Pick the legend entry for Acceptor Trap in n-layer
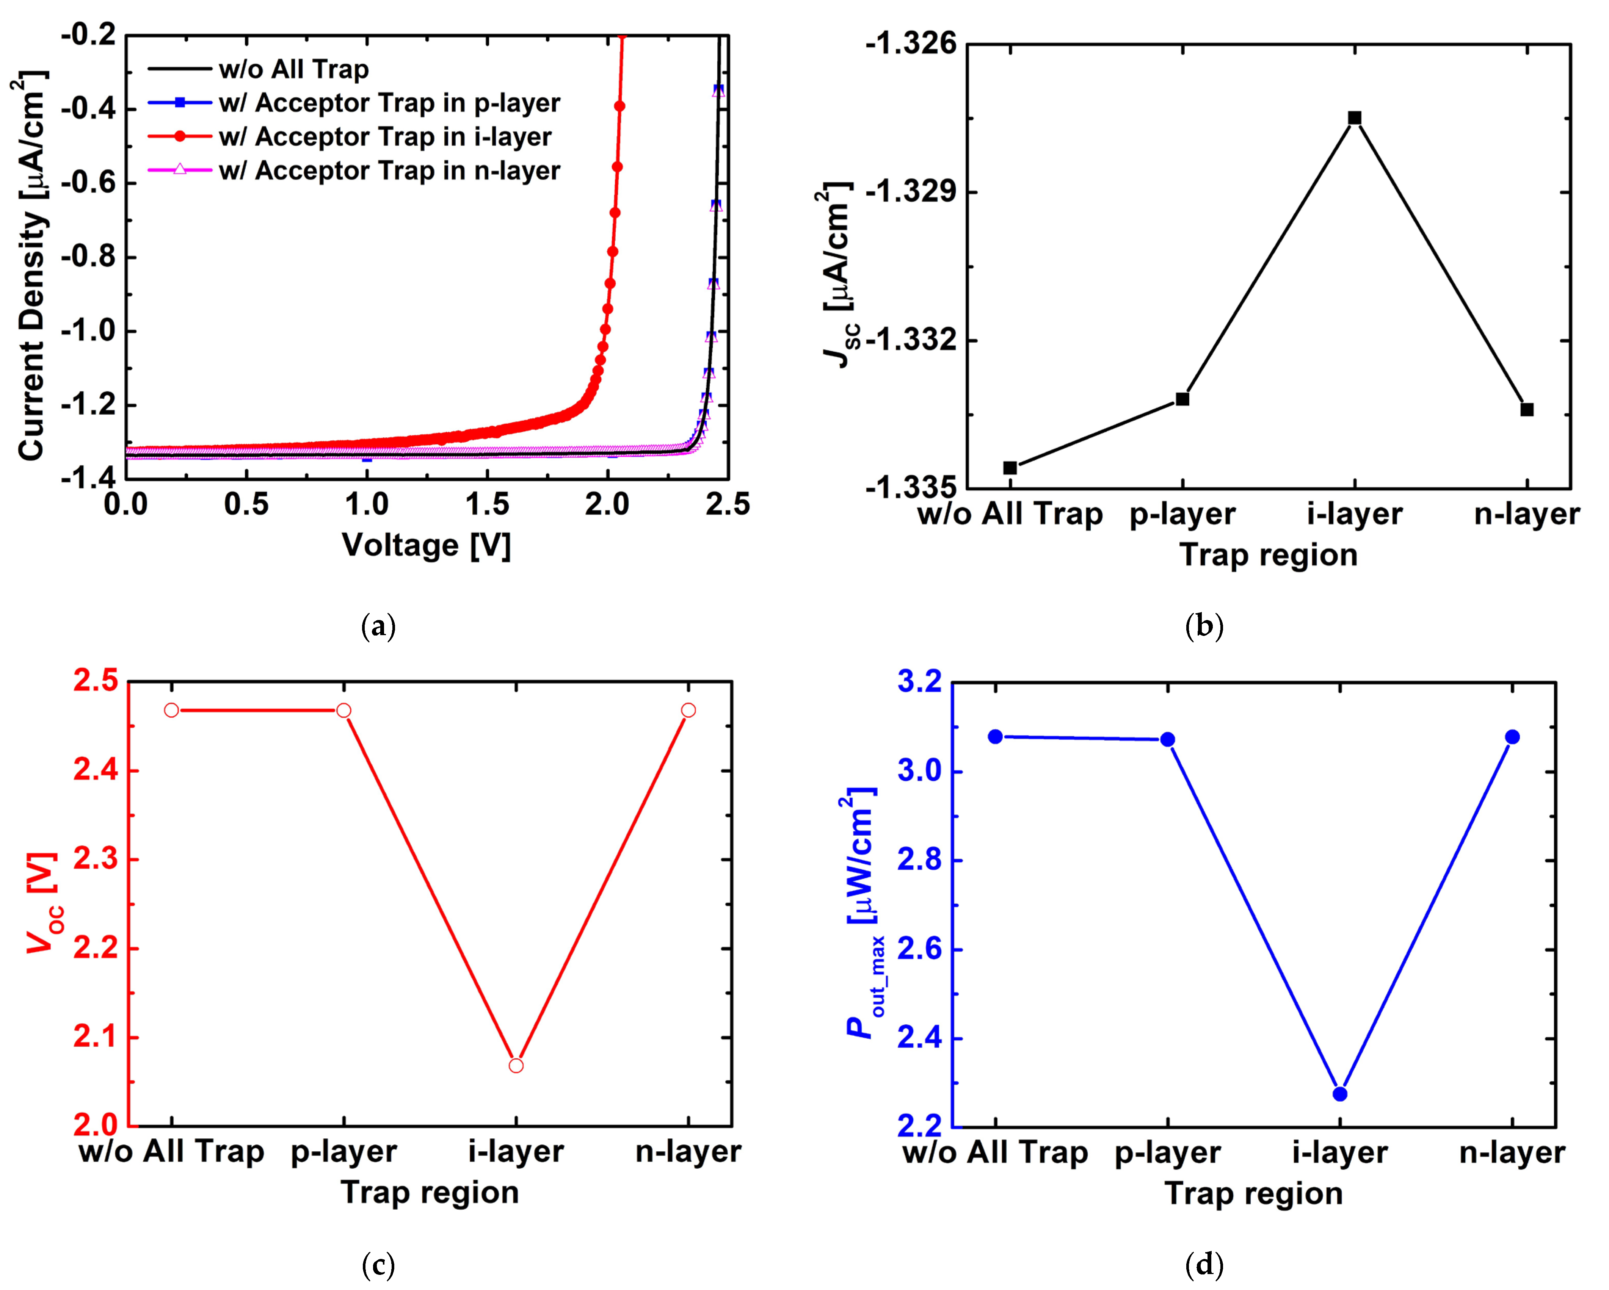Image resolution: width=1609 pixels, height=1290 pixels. (x=389, y=171)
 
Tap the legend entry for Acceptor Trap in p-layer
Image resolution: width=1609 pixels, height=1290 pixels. (x=389, y=103)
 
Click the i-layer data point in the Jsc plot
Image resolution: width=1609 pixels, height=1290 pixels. (x=1355, y=118)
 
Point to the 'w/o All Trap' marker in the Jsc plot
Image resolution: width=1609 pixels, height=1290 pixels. (x=1010, y=468)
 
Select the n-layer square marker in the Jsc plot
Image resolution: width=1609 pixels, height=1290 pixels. (x=1527, y=410)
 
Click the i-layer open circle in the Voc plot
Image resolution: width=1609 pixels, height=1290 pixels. (x=516, y=1065)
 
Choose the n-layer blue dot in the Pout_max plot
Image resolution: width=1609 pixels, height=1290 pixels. (x=1512, y=737)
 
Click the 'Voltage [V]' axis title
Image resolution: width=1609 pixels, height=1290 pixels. (x=426, y=545)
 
